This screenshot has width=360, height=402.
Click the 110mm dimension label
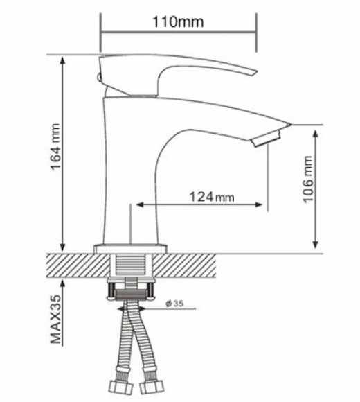(178, 21)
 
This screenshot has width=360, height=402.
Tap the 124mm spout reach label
(210, 198)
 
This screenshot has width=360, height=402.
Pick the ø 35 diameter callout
(175, 304)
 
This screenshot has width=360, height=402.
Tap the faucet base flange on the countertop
(131, 247)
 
